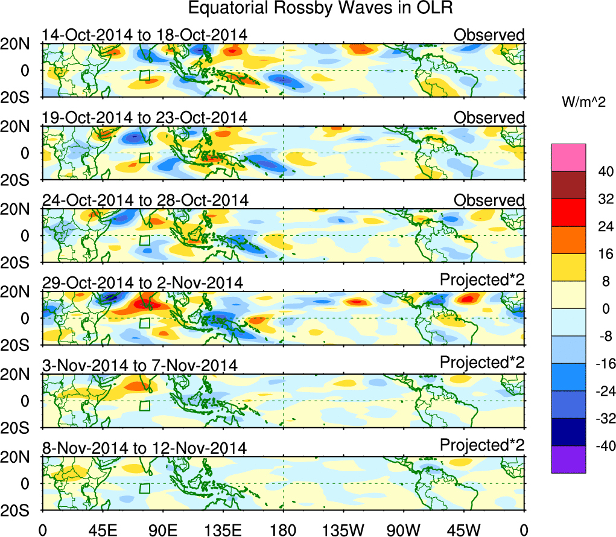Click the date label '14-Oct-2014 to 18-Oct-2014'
pos(144,35)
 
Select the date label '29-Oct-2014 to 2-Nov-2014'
pos(142,283)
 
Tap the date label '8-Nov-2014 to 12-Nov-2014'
pos(144,448)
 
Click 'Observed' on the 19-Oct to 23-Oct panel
pos(489,118)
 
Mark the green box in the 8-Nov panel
pos(144,488)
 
